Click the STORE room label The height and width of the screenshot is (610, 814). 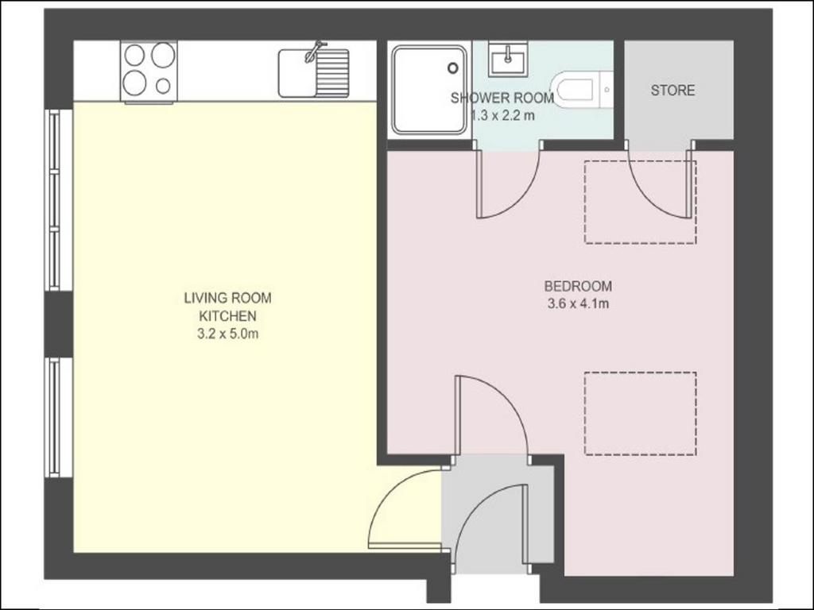tap(673, 91)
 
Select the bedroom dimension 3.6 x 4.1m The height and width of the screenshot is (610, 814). tap(578, 303)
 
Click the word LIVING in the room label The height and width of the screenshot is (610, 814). tap(206, 298)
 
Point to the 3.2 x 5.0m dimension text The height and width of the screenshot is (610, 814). tap(227, 334)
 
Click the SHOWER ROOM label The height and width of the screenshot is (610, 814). tap(502, 98)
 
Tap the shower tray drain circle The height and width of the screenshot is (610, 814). tap(453, 68)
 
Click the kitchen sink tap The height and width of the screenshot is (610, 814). tap(314, 51)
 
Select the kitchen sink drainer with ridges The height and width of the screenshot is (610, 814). tap(332, 72)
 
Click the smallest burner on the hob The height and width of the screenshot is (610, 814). tap(163, 86)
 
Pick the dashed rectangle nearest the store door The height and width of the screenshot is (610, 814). tap(640, 202)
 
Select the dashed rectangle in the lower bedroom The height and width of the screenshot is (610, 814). tap(640, 413)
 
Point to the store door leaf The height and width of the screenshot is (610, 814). tap(691, 183)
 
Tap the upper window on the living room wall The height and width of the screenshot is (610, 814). tap(54, 199)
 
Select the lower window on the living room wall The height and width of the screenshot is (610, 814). tap(54, 417)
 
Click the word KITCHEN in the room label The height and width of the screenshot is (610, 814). tap(228, 316)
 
